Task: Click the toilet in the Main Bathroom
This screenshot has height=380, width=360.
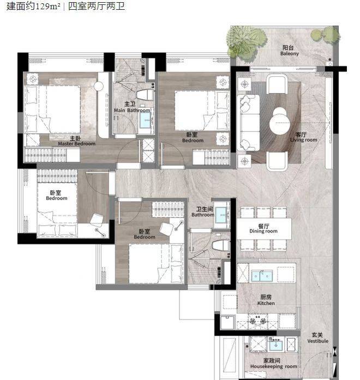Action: pyautogui.click(x=145, y=95)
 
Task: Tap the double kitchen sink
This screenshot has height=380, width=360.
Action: pyautogui.click(x=262, y=276)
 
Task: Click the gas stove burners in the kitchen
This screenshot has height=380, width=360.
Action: pyautogui.click(x=257, y=321)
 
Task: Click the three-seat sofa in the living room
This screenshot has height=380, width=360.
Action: pyautogui.click(x=248, y=123)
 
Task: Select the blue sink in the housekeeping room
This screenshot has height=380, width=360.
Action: pyautogui.click(x=276, y=345)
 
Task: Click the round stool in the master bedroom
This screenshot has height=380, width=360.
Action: pyautogui.click(x=99, y=86)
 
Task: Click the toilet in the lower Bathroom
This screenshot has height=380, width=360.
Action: pyautogui.click(x=220, y=245)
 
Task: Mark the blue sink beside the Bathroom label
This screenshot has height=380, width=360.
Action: pyautogui.click(x=221, y=215)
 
